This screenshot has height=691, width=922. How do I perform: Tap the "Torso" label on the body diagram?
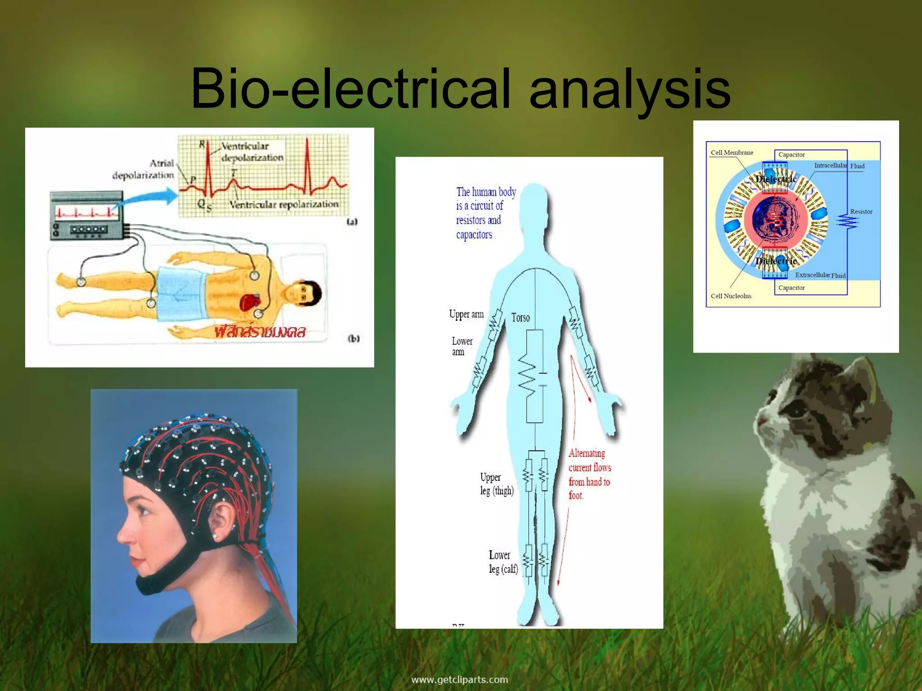pos(520,318)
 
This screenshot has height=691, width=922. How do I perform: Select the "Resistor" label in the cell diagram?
pos(861,211)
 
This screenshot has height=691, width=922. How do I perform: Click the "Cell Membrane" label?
pos(732,153)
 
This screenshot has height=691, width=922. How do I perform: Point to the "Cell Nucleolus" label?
pos(731,296)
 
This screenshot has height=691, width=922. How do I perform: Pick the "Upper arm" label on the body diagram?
pos(466,314)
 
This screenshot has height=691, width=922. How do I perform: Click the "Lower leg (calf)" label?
pos(503,562)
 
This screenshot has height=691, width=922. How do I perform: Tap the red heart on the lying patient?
pos(249,301)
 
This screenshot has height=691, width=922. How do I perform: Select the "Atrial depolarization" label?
pos(143,169)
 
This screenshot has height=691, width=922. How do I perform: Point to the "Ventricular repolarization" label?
pos(284,204)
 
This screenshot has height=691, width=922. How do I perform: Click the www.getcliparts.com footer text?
pos(459,679)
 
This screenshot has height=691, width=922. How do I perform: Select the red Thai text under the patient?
pos(260,332)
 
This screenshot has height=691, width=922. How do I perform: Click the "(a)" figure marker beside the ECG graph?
pos(352,221)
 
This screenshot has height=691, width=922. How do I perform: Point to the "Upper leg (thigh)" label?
pos(497,484)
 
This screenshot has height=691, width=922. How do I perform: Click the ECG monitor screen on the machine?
pos(86,212)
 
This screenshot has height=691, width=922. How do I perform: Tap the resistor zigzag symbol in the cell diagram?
pos(847,222)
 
